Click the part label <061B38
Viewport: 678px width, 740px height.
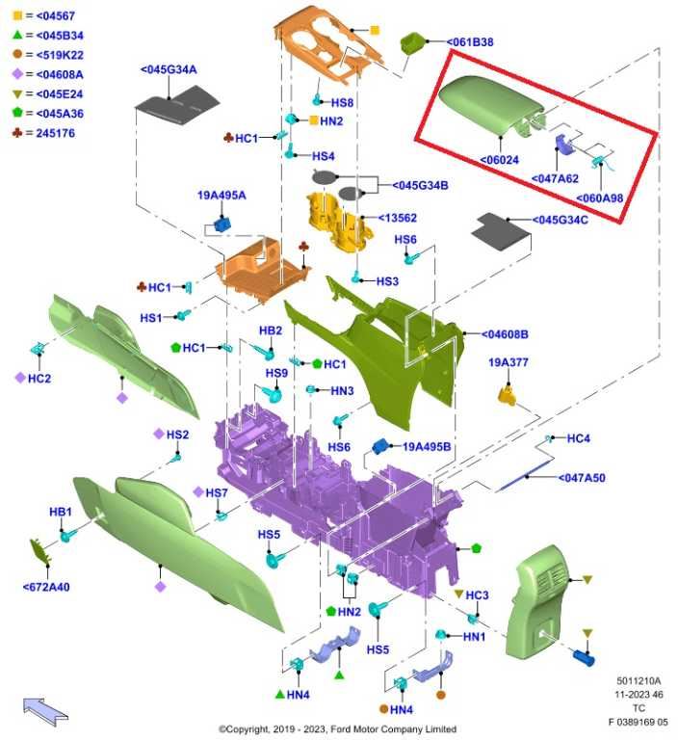(470, 42)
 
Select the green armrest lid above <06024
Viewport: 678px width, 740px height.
(491, 105)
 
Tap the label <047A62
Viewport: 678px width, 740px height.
(555, 179)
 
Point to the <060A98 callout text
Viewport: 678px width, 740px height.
(600, 198)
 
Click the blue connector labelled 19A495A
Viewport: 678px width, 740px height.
(222, 224)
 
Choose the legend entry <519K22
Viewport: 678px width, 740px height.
(60, 55)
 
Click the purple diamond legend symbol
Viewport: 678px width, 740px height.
(17, 74)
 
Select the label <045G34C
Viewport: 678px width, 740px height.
(561, 220)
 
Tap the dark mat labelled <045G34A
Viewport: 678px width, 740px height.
(177, 105)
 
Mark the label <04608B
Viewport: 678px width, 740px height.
(505, 334)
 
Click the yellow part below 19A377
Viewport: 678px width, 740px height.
(507, 395)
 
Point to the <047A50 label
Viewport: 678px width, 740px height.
(582, 478)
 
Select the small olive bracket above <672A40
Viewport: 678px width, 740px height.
(40, 551)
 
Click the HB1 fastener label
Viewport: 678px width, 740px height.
(61, 512)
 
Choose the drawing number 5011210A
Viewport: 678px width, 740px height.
(639, 681)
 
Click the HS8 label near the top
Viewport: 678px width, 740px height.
(342, 103)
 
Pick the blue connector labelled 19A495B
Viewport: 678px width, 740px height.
(380, 446)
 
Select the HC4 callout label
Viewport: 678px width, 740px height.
(579, 438)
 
